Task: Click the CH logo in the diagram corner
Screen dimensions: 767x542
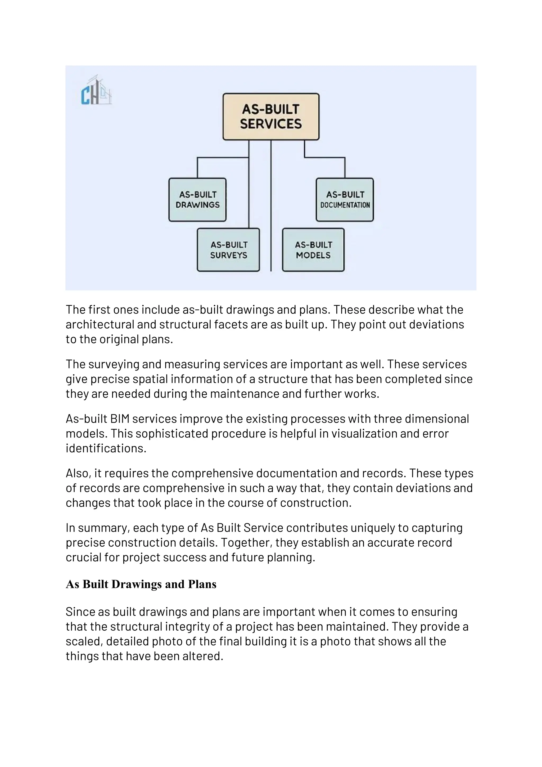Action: coord(96,91)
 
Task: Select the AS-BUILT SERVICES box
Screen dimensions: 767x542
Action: coord(271,117)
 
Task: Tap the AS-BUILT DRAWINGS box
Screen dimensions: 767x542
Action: coord(198,200)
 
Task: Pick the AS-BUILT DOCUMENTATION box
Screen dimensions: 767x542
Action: coord(345,200)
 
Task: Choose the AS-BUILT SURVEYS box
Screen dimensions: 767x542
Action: coord(228,250)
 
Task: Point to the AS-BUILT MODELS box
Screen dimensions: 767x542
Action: coord(313,250)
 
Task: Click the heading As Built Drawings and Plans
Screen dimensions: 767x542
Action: coord(141,584)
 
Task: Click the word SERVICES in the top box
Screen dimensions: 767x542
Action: coord(271,124)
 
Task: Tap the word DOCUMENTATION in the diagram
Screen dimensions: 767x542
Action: coord(345,205)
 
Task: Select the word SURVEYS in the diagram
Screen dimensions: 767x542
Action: coord(229,255)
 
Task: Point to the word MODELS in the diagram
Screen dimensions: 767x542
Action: coord(313,255)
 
